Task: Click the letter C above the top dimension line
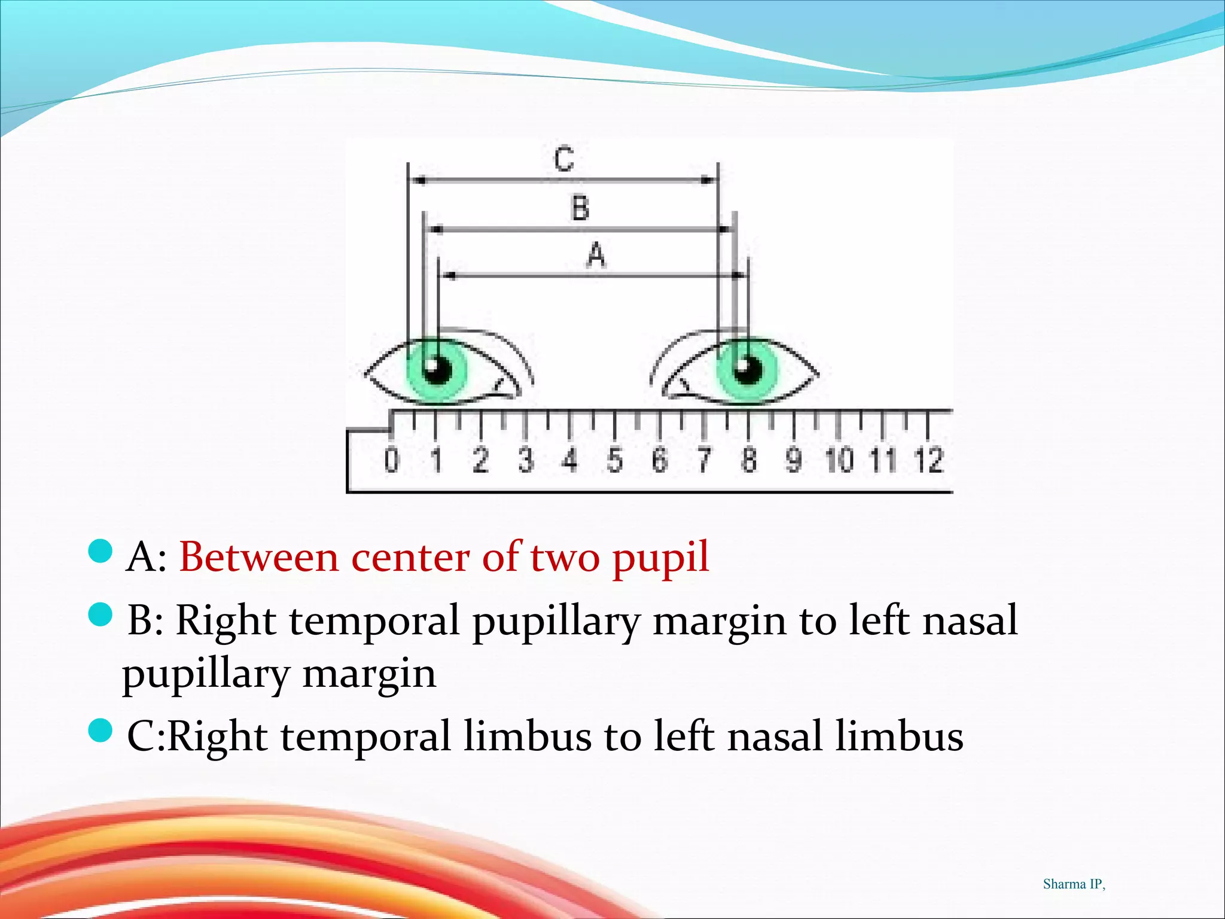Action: (x=564, y=159)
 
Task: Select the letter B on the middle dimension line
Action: (x=580, y=208)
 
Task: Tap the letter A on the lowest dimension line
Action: (x=596, y=255)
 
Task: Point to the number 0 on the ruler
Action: (x=391, y=459)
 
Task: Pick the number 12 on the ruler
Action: (x=928, y=459)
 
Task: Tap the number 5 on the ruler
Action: (x=615, y=459)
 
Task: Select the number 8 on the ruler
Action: (x=749, y=459)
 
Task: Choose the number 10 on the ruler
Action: (x=839, y=459)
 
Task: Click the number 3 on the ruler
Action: (x=526, y=459)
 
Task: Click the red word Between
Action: (x=259, y=558)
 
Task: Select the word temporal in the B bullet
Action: (x=374, y=621)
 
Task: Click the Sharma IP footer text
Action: (x=1074, y=884)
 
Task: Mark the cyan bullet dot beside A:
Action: (x=100, y=551)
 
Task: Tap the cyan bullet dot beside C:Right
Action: (x=100, y=731)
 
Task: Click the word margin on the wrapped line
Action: (x=369, y=675)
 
